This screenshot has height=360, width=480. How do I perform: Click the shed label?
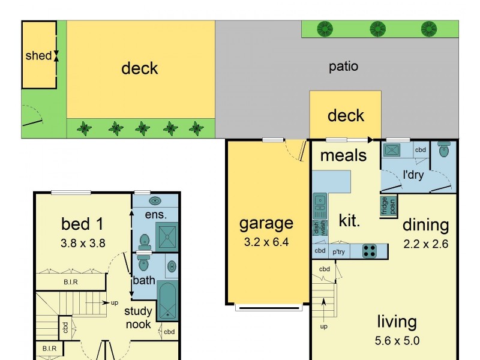[x=38, y=56]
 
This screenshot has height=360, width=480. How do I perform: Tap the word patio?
[x=343, y=66]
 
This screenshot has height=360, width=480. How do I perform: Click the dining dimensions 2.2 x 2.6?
[x=425, y=244]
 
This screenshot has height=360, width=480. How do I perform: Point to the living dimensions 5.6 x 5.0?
[x=397, y=341]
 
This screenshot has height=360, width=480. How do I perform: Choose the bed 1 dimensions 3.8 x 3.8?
[x=83, y=244]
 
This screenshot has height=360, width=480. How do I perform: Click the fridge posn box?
[x=385, y=206]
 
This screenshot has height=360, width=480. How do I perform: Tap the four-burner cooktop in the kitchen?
[x=370, y=251]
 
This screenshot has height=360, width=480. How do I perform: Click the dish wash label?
[x=317, y=229]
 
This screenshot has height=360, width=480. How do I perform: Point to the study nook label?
[x=138, y=317]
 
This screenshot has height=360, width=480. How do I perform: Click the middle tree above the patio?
[x=377, y=28]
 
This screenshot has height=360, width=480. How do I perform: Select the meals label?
[x=343, y=155]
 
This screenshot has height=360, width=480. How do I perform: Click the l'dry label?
[x=413, y=177]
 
